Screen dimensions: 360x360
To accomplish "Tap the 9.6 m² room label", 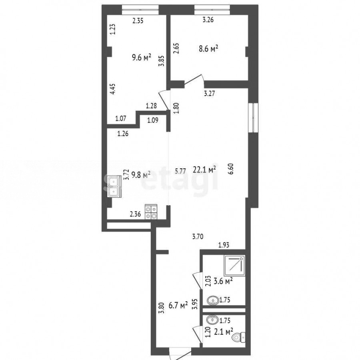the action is [142, 57].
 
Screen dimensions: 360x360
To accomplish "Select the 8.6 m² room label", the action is [208, 49].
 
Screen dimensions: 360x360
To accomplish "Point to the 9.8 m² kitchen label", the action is [141, 176].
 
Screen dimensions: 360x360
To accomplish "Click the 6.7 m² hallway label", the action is [178, 305].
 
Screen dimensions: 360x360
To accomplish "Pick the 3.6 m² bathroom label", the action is [223, 281].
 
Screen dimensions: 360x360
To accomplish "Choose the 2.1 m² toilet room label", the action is [223, 331].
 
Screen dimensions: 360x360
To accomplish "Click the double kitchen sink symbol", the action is [114, 187].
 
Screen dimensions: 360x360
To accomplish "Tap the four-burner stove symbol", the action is [151, 212].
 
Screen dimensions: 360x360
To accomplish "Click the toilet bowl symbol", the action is [239, 337].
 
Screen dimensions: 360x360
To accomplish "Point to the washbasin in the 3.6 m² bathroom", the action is [213, 300].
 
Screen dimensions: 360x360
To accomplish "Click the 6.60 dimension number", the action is [231, 169].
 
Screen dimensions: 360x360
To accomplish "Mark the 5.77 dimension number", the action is [180, 171].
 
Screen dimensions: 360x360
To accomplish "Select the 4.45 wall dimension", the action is [113, 89].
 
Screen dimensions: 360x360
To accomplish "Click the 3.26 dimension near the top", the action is [208, 20].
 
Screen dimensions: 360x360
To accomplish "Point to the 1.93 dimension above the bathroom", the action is [224, 245].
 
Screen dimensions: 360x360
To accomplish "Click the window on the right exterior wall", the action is [254, 118].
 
